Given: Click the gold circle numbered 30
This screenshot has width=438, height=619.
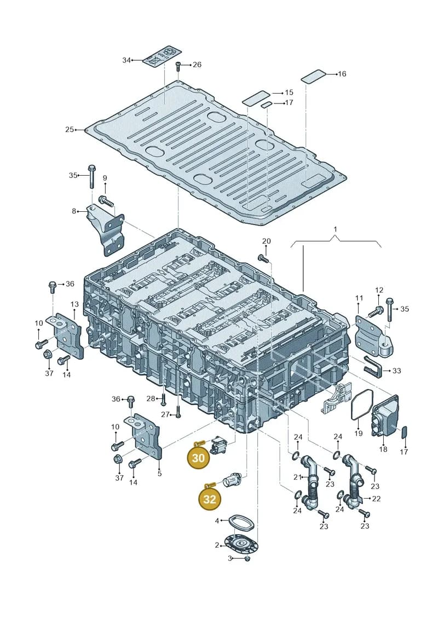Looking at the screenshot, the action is [198, 458].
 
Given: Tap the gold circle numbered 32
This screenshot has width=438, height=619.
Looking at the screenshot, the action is [209, 499].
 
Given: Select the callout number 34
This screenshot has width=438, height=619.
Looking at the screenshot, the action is [126, 60].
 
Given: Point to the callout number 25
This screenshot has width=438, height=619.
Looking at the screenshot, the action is [70, 130].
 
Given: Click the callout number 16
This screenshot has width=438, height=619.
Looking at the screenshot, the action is [342, 74].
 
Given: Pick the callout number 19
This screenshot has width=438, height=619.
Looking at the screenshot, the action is [358, 433].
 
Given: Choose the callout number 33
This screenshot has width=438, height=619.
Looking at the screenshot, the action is [396, 371].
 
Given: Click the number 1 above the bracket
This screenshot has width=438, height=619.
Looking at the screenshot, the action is [335, 229].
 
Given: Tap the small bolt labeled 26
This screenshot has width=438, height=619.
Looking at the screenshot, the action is [178, 66].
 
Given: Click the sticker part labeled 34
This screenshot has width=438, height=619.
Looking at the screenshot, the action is [162, 56].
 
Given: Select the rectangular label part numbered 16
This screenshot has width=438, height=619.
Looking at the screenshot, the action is [314, 77].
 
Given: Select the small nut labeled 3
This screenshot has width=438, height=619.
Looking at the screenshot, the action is [247, 559].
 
